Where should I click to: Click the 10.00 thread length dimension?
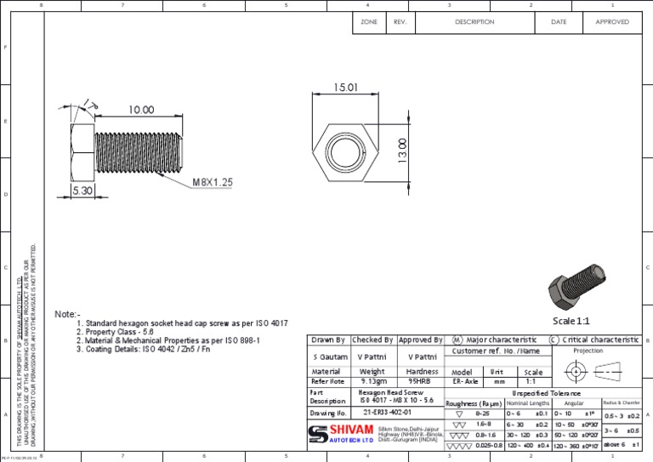click(141, 110)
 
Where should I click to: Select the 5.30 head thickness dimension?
click(82, 191)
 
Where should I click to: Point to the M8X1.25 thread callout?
click(213, 182)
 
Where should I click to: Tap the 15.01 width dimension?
click(345, 88)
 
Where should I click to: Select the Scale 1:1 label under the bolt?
click(571, 321)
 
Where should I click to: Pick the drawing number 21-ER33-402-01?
click(386, 412)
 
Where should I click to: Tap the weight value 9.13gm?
click(372, 382)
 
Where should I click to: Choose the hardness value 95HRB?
click(422, 382)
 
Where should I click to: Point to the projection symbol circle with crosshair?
click(576, 372)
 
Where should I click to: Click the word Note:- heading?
click(67, 314)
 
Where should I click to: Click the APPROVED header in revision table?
click(611, 22)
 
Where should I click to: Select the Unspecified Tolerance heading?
click(547, 393)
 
